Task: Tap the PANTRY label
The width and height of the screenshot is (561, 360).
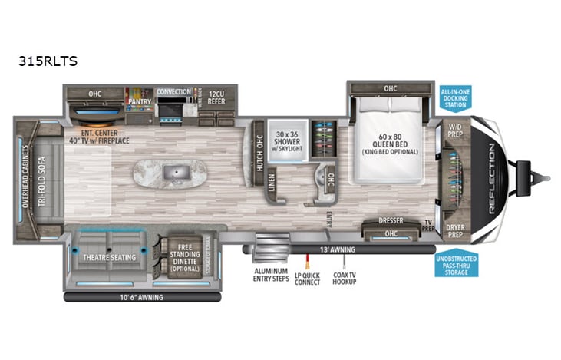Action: point(139,100)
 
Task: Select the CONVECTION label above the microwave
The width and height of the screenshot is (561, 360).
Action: point(173,92)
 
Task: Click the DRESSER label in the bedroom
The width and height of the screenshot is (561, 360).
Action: point(391,221)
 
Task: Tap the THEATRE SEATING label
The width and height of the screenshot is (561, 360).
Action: point(109,257)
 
